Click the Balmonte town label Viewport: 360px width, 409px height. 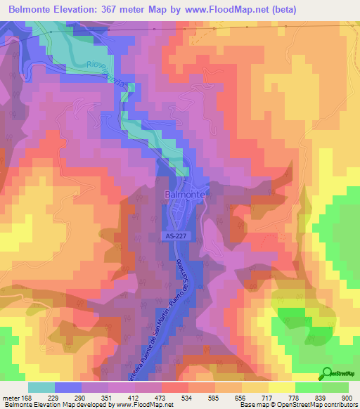tap(185, 194)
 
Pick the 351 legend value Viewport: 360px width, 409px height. tap(108, 397)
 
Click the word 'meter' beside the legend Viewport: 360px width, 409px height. tap(12, 397)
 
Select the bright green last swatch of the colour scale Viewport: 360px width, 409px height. tap(335, 387)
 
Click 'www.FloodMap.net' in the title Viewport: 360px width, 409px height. tap(226, 10)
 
